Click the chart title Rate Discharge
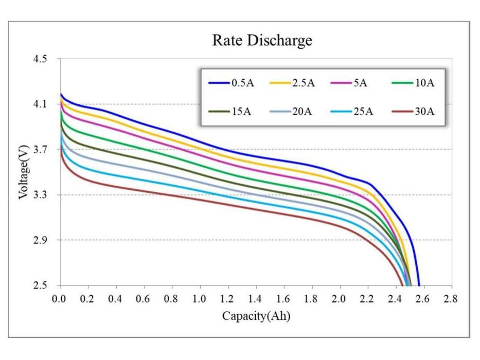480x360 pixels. [262, 41]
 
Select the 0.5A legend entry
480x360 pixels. [231, 83]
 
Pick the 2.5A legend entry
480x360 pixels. [292, 83]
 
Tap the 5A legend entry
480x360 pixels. [349, 83]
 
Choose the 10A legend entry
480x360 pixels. [413, 83]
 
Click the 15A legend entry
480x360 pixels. [229, 112]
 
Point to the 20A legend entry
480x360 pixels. [291, 112]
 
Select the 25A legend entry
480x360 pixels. [352, 112]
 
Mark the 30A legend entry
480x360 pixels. [413, 112]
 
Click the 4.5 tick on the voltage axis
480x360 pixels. [40, 59]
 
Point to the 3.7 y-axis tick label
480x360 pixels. [40, 150]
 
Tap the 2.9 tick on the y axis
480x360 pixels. [40, 240]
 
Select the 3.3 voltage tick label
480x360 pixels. [40, 195]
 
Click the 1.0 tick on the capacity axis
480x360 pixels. [199, 298]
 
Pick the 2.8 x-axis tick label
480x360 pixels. [451, 298]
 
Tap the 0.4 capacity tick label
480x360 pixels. [115, 298]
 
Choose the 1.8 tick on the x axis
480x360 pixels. [311, 298]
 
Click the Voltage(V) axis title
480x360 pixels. [24, 172]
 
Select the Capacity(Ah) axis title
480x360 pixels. [256, 316]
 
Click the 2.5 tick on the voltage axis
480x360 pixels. [40, 285]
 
